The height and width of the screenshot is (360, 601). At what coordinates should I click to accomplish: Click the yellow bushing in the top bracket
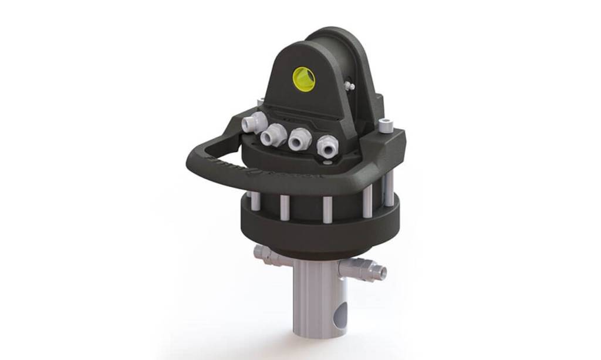303,79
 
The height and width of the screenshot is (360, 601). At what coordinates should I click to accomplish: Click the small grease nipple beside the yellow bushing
350,86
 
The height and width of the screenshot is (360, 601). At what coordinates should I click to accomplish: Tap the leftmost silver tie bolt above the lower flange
255,201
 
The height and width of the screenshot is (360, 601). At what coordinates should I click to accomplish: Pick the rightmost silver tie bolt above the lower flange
388,191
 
